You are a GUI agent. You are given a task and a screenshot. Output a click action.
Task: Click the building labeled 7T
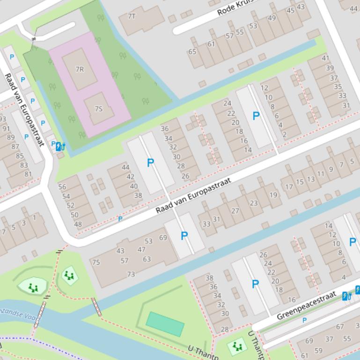coord(132,16)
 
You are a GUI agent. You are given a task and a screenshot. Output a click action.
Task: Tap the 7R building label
coord(80,69)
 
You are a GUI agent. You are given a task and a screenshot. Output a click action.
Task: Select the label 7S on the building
coord(98,109)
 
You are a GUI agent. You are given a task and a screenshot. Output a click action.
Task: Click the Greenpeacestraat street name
coord(307,305)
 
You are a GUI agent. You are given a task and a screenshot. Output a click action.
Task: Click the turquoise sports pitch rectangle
coord(165,324)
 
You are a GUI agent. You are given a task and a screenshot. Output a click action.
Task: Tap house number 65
coord(192,52)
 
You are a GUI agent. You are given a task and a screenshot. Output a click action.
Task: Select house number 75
coord(96,262)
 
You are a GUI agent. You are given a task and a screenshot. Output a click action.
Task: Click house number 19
coord(273,195)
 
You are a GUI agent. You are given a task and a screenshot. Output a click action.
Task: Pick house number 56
coord(62,187)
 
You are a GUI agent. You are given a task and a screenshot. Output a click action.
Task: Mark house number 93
coord(2,120)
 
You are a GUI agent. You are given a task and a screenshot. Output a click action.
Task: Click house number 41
coord(325,58)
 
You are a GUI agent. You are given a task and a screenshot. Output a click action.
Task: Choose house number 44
coord(125,167)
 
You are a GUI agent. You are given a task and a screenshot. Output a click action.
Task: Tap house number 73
coord(131,274)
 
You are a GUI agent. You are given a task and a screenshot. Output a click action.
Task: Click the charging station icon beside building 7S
coord(59,147)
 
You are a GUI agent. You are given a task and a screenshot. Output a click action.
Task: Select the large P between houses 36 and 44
coord(150,163)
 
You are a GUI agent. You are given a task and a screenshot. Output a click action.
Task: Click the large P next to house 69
coord(184,236)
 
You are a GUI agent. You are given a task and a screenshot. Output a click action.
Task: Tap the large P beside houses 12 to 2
coord(256,116)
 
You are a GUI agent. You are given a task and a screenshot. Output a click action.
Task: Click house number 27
coord(235,211)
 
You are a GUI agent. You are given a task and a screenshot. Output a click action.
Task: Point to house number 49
coord(272,18)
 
